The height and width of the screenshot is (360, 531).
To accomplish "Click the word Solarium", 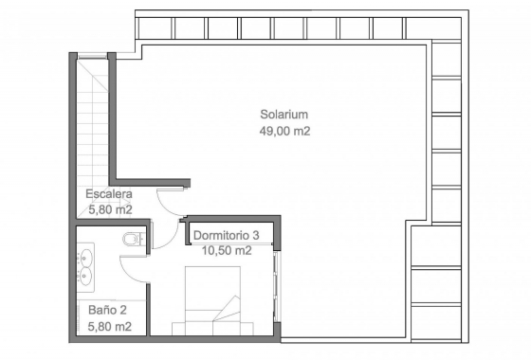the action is click(284, 115).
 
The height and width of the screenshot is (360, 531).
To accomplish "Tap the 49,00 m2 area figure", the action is click(284, 131).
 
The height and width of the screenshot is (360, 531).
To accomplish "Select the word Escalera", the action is click(109, 194).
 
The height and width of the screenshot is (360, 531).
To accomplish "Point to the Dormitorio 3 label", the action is click(227, 235).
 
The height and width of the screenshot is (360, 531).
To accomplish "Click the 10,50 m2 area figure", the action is click(227, 251).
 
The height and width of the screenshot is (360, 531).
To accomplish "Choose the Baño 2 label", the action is click(107, 310).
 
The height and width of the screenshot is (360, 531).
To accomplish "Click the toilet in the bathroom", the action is click(134, 239).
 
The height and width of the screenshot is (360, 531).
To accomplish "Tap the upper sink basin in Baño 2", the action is click(85, 257).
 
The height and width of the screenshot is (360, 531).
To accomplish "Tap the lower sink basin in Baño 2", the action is click(85, 275).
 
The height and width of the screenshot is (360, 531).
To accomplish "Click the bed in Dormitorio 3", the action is click(212, 300).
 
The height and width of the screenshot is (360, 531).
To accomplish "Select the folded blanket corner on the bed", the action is click(227, 310).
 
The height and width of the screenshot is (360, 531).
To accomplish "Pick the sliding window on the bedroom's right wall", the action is click(277, 286).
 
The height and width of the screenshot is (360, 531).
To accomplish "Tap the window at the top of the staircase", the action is click(93, 56).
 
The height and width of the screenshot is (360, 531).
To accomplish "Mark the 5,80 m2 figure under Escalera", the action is click(110, 209).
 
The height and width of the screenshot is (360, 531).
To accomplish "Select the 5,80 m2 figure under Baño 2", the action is click(110, 327).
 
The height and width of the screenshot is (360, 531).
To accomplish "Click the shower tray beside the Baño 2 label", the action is click(112, 317).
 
